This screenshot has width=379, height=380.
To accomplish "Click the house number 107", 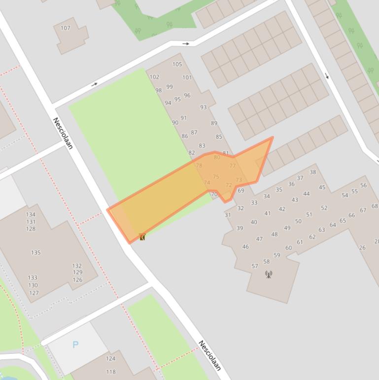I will click(x=66, y=28).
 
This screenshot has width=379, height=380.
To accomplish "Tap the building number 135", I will click(x=36, y=253).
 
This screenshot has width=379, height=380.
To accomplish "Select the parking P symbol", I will click(x=75, y=344).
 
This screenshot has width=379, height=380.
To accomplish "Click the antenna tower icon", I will click(x=269, y=274).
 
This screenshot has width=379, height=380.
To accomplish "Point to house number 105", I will click(x=177, y=64).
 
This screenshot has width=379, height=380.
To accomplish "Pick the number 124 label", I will click(x=110, y=359).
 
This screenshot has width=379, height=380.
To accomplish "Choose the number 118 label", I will click(x=110, y=372).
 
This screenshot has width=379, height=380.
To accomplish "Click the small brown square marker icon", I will click(x=142, y=237).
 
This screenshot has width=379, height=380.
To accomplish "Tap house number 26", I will click(x=362, y=248).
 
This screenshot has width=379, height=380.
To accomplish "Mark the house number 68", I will click(x=375, y=206).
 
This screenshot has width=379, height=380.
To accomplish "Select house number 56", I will click(x=363, y=186).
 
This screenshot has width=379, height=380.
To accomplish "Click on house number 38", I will click(x=312, y=172).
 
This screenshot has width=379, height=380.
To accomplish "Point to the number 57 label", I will click(x=255, y=266).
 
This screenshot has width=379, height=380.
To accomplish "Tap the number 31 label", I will click(x=228, y=215).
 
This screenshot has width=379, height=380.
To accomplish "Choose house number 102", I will click(x=154, y=77).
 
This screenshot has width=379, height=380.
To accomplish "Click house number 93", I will click(x=204, y=108).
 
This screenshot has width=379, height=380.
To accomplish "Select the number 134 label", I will click(x=31, y=215).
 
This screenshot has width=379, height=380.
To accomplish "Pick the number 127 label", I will click(x=34, y=293).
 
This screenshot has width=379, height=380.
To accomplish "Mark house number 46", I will click(x=245, y=247).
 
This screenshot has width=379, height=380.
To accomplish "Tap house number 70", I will click(x=214, y=194).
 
